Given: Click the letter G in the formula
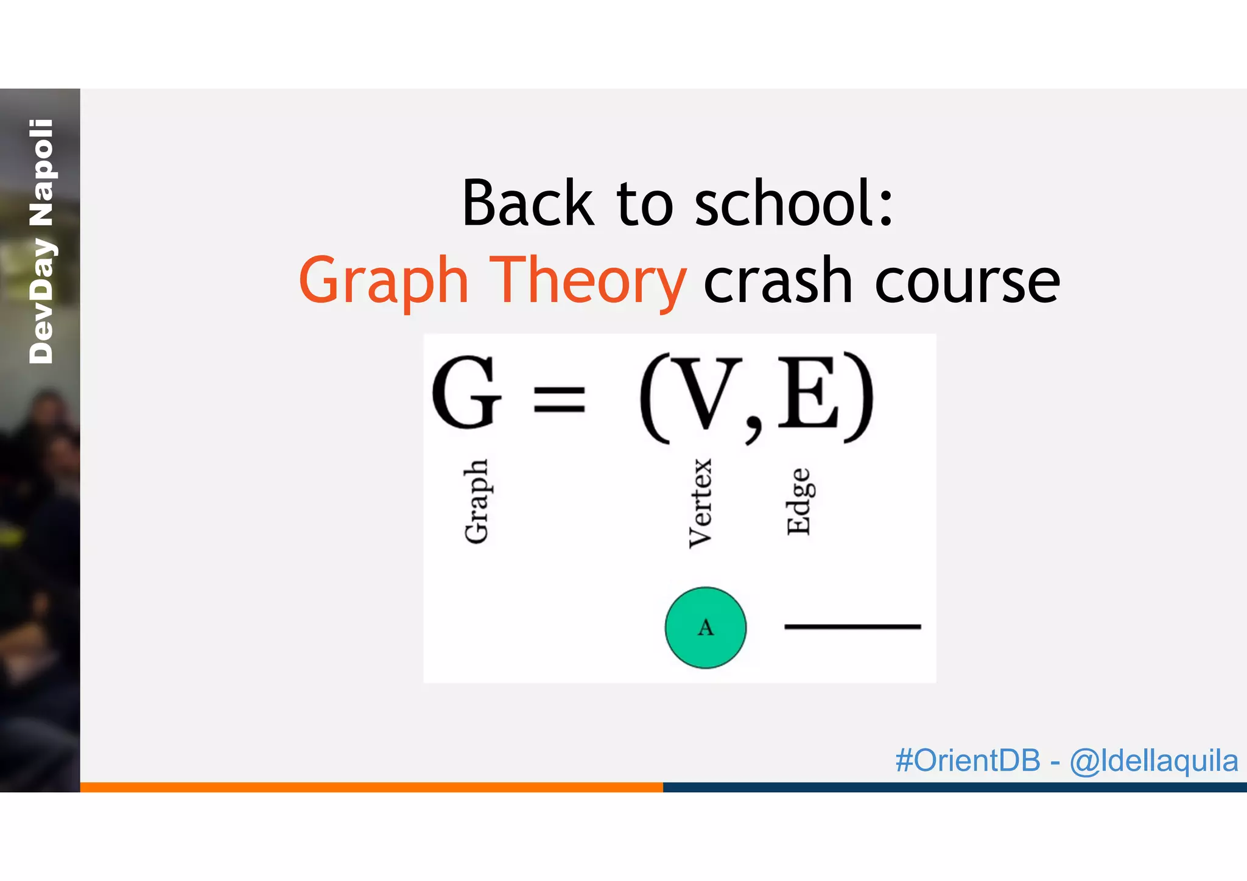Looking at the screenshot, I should pos(466,393).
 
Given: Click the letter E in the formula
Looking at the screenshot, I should pos(808,393).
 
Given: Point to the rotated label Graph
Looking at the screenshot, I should pos(476,501).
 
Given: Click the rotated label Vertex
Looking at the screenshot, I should pos(700,504).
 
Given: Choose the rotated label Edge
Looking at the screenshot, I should pos(798,502).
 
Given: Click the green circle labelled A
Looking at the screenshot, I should pos(705,627).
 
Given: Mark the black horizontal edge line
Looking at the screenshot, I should pos(852,626).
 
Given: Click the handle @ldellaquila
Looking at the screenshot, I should pos(1154,761).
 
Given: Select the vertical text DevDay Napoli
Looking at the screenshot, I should pos(41,242).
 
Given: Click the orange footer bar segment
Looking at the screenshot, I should pos(371,787).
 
